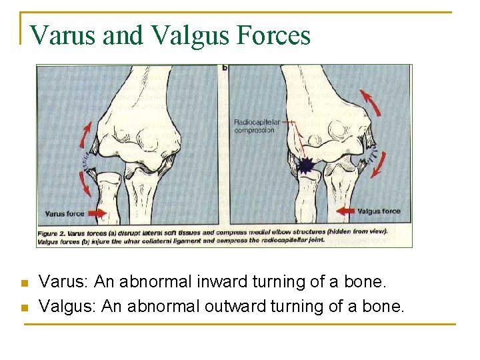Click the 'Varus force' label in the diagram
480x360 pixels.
tap(64, 214)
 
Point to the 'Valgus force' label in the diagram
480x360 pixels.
tap(379, 211)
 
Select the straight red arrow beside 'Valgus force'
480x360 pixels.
tap(345, 211)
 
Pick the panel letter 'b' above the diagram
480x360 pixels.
tap(225, 68)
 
